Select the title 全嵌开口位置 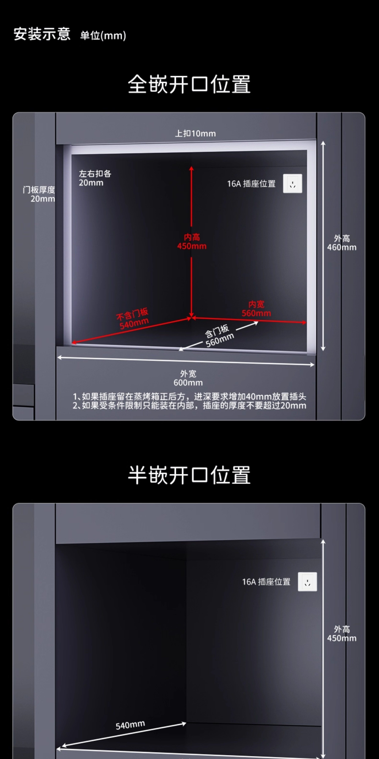pyautogui.click(x=189, y=84)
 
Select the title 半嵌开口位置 pyautogui.click(x=189, y=475)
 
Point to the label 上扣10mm pyautogui.click(x=195, y=134)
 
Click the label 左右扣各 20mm pyautogui.click(x=95, y=178)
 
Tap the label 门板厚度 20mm pyautogui.click(x=39, y=194)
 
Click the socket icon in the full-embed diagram pyautogui.click(x=293, y=184)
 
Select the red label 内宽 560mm pyautogui.click(x=256, y=309)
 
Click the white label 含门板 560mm pyautogui.click(x=219, y=336)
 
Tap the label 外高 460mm pyautogui.click(x=342, y=243)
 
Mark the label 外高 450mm pyautogui.click(x=342, y=634)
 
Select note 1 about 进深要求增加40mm pyautogui.click(x=189, y=397)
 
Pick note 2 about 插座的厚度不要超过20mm pyautogui.click(x=189, y=406)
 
